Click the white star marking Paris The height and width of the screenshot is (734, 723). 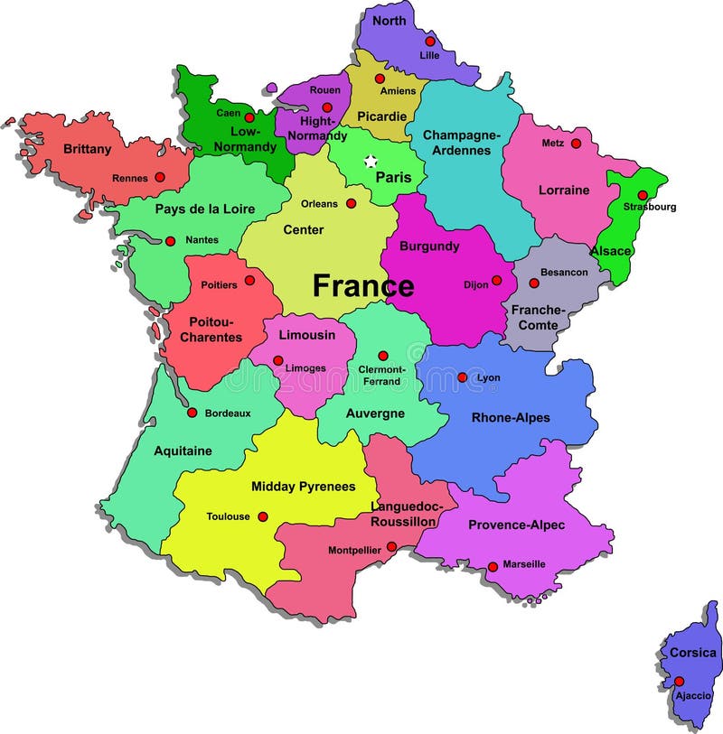click(x=370, y=162)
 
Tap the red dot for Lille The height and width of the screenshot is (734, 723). click(x=430, y=41)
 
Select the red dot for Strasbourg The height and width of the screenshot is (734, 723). click(x=643, y=195)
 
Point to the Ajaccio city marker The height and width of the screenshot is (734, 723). click(x=679, y=682)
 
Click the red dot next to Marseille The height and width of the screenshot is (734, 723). click(x=493, y=567)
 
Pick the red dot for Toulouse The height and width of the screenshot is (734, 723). click(x=263, y=516)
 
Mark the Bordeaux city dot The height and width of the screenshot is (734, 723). click(x=192, y=413)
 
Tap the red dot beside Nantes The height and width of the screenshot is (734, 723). click(x=170, y=241)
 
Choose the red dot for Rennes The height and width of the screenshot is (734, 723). click(x=160, y=177)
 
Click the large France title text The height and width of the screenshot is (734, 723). click(x=363, y=286)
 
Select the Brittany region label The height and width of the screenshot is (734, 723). click(x=87, y=149)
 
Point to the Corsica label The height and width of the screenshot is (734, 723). click(x=693, y=653)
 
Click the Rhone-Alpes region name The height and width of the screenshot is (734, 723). click(x=511, y=418)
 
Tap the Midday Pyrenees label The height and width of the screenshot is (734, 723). click(x=303, y=487)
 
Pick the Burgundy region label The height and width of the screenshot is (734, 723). click(x=429, y=246)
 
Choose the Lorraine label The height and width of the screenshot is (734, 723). click(x=564, y=190)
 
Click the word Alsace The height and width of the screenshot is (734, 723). click(x=611, y=250)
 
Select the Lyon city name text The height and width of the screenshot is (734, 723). click(x=488, y=377)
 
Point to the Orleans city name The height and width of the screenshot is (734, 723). click(x=319, y=204)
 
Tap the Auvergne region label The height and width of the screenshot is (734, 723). click(x=374, y=413)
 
